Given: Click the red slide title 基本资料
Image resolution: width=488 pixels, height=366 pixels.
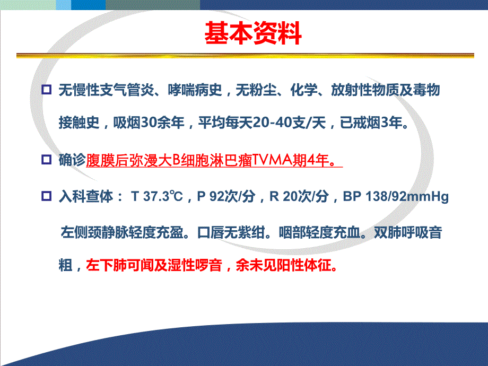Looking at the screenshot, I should click(x=253, y=33).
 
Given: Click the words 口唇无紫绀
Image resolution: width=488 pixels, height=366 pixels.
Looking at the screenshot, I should click(x=233, y=232).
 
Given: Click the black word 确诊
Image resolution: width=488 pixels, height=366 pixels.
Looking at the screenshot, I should click(x=72, y=160).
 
